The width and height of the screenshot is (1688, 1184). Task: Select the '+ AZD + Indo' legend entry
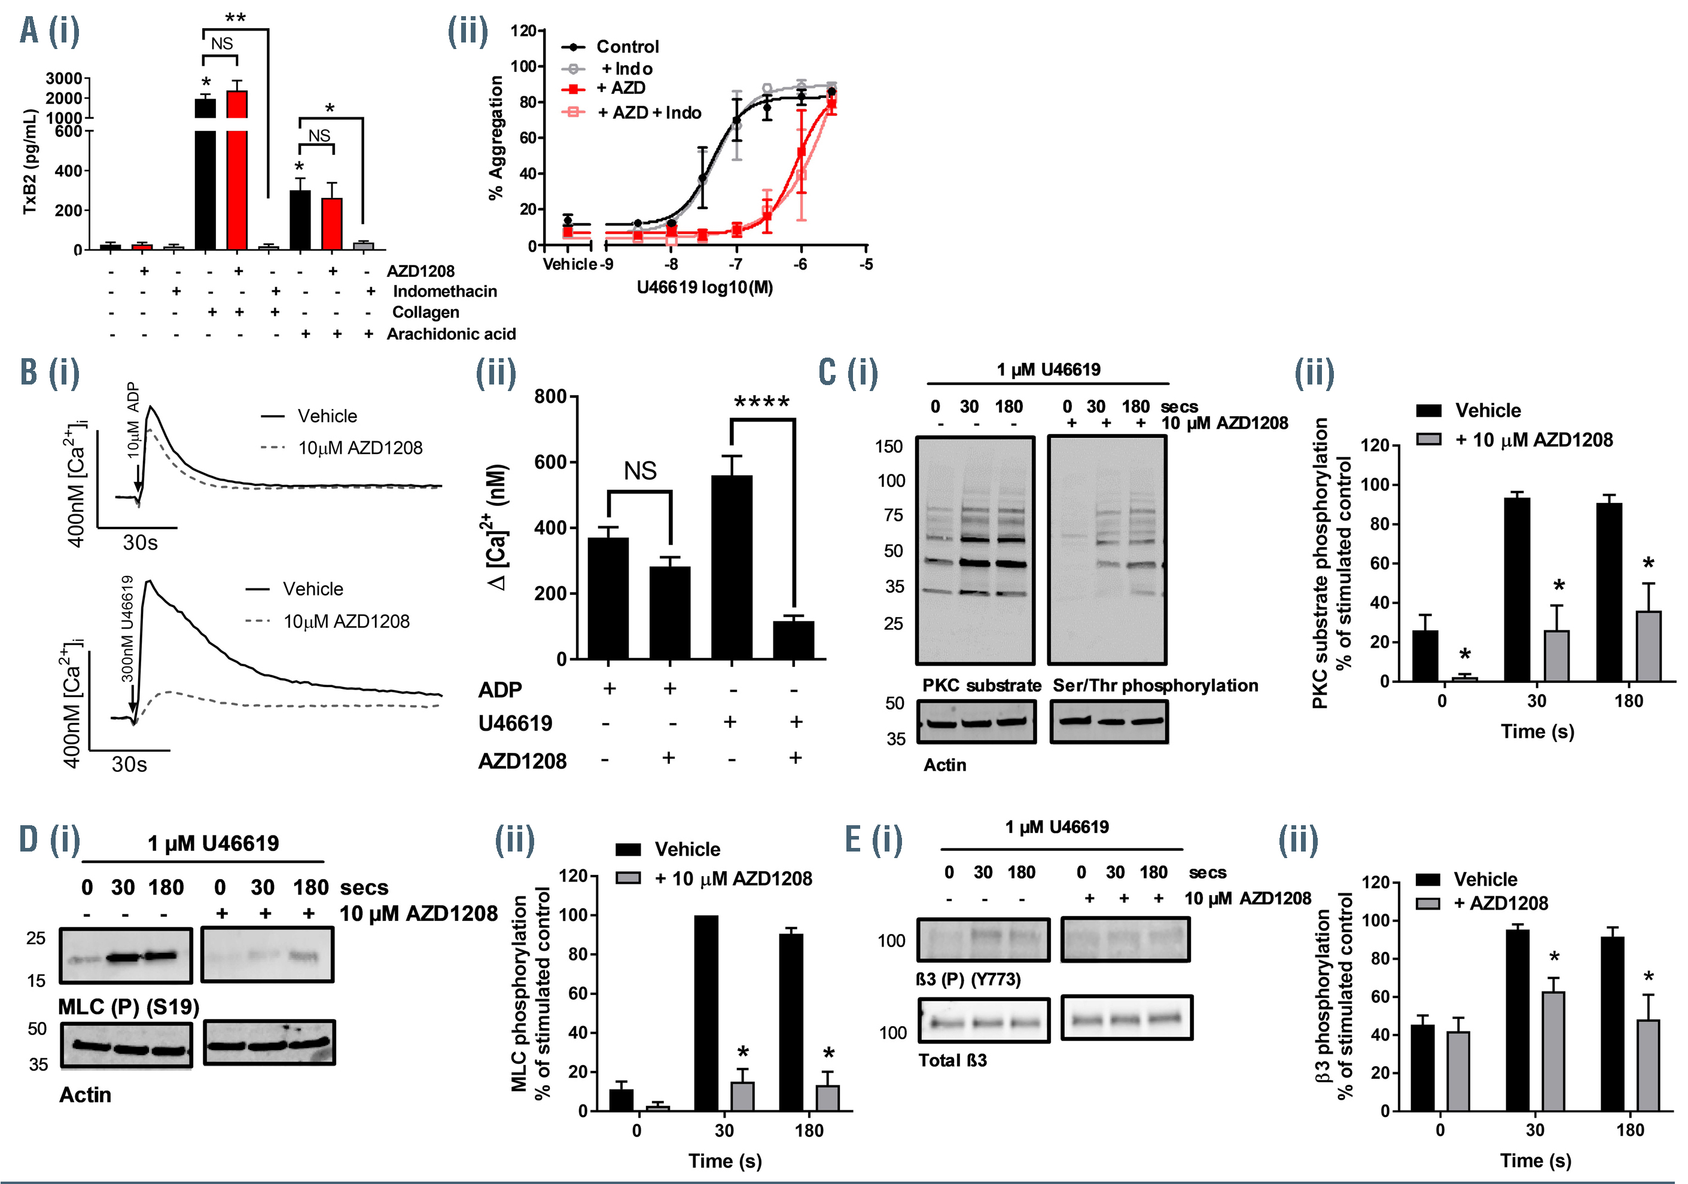[648, 112]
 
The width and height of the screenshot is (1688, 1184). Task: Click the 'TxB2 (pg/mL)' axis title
[29, 161]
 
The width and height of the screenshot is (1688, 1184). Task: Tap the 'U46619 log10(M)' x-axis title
[704, 288]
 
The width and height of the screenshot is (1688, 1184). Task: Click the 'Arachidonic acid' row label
[450, 334]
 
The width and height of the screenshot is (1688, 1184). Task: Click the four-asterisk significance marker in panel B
[761, 402]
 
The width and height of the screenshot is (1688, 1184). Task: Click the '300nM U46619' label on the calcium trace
[126, 628]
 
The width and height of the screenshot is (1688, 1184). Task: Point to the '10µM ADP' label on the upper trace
[133, 420]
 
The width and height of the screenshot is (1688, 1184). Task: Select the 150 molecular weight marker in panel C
[889, 446]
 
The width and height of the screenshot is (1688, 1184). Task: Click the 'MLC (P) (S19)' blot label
[129, 1006]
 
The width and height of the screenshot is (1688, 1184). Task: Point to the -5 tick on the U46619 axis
[866, 264]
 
